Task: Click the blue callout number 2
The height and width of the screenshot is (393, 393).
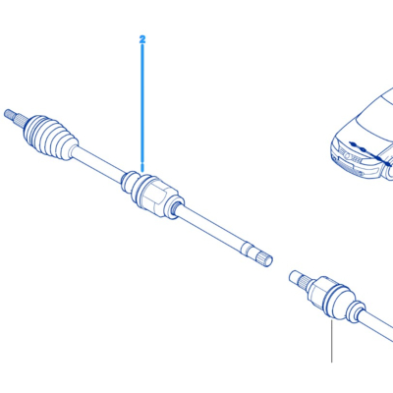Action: click(142, 39)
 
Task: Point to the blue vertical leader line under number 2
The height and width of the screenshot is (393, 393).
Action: click(142, 107)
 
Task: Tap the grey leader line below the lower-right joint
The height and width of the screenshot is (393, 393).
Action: click(331, 341)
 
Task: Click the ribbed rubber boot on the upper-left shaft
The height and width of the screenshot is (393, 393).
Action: click(51, 138)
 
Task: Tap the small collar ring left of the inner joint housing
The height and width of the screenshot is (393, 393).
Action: click(128, 182)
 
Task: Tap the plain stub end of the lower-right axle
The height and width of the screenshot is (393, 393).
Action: click(295, 277)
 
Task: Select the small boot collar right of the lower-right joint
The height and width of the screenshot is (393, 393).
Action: click(357, 311)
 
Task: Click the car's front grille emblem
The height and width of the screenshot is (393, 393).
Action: click(352, 157)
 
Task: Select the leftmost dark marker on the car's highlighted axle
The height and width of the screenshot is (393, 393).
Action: click(353, 143)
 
